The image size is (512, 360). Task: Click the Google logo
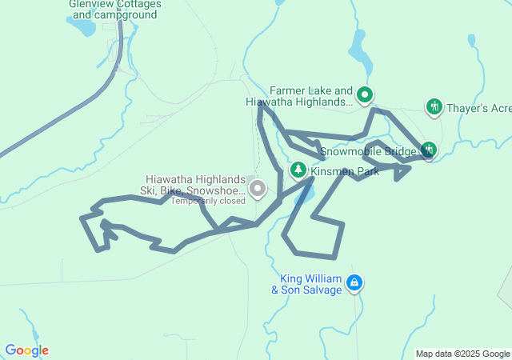point(26,350)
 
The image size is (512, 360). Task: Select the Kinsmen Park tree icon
point(298,170)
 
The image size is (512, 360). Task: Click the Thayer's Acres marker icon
point(434,106)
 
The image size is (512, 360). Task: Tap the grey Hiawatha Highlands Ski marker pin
point(258,190)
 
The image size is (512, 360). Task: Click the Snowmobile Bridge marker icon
point(429,149)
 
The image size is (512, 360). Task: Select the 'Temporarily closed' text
point(207,201)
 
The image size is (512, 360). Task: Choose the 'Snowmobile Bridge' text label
point(369,150)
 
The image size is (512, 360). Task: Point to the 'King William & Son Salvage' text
point(310,284)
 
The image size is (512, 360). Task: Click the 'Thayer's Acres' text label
point(478,107)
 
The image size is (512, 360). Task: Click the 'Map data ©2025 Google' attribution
point(462,354)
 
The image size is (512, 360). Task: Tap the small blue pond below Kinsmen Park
point(304,194)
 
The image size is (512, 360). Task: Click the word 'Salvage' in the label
point(319,290)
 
